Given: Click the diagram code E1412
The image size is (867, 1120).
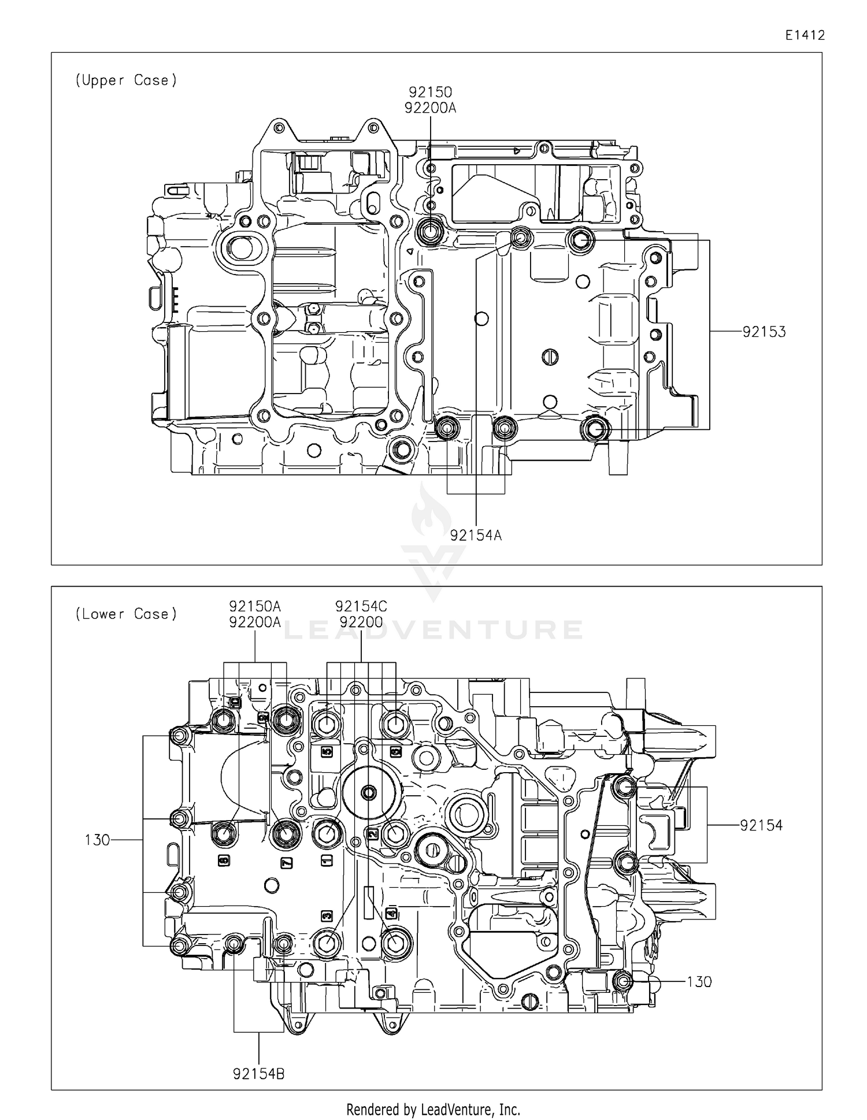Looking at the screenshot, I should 805,35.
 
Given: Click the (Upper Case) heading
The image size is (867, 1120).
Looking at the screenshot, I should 126,80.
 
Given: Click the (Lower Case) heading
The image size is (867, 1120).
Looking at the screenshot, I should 126,614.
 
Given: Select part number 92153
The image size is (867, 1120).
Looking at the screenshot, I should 764,332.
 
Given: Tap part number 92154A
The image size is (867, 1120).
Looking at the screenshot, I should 476,536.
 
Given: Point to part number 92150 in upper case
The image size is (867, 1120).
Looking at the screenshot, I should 430,92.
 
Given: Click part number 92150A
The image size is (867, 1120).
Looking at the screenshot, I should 255,606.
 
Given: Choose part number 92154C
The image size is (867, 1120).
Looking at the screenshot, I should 361,606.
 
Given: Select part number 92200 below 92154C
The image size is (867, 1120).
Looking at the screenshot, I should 361,622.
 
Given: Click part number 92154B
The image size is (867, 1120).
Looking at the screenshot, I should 258,1074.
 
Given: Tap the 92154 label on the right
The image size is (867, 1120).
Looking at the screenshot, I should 761,825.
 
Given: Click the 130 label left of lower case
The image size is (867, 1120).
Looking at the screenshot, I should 97,840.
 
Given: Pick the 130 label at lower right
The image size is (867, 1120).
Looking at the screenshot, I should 699,982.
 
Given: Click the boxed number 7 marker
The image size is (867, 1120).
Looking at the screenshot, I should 286,863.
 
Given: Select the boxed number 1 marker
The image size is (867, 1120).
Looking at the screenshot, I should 326,861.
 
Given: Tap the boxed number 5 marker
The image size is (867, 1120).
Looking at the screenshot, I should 327,752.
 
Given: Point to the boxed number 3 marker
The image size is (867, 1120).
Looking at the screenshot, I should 327,916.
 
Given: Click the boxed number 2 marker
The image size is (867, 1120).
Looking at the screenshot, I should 372,834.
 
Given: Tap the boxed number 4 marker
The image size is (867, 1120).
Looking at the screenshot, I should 391,914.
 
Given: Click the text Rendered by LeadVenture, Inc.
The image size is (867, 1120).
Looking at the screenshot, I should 433,1109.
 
